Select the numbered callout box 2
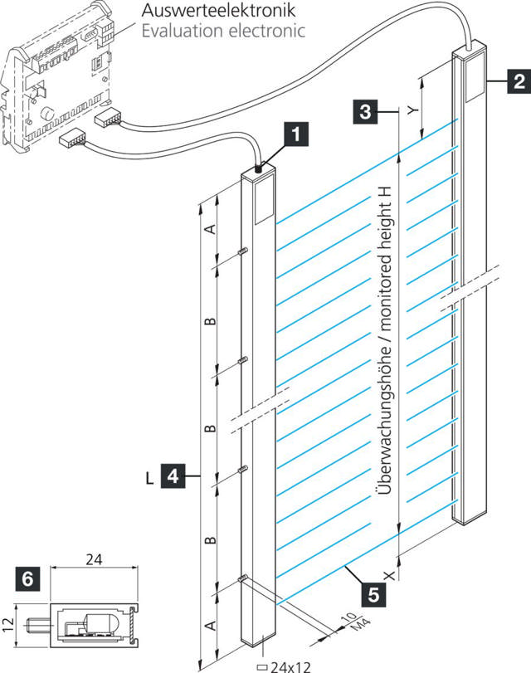[518, 81]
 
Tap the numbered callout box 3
[365, 110]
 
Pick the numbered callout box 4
[173, 477]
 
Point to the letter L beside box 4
[149, 477]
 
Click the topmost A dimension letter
[210, 228]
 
